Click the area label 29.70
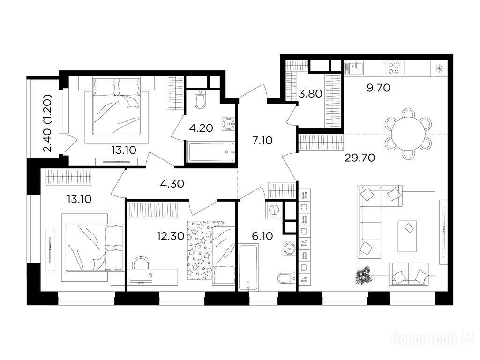[x=360, y=157]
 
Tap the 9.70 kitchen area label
[x=378, y=88]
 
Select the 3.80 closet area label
[x=310, y=94]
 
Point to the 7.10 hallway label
[x=262, y=141]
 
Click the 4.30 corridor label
[x=172, y=184]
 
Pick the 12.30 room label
[x=171, y=236]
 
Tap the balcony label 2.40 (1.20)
[x=48, y=123]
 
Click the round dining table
[x=408, y=134]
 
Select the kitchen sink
[x=354, y=68]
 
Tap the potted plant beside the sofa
[x=363, y=275]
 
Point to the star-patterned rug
[x=200, y=250]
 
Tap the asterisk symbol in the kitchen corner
[x=439, y=68]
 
